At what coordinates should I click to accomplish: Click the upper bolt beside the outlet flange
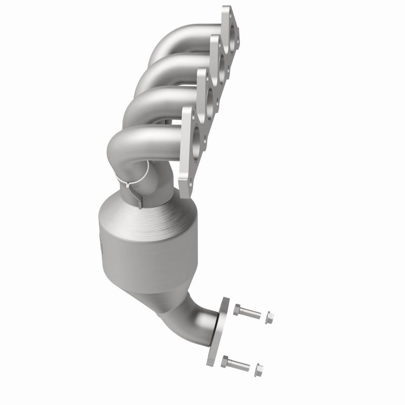pos(248,310)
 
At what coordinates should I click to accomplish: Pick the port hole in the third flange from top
pos(209,96)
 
